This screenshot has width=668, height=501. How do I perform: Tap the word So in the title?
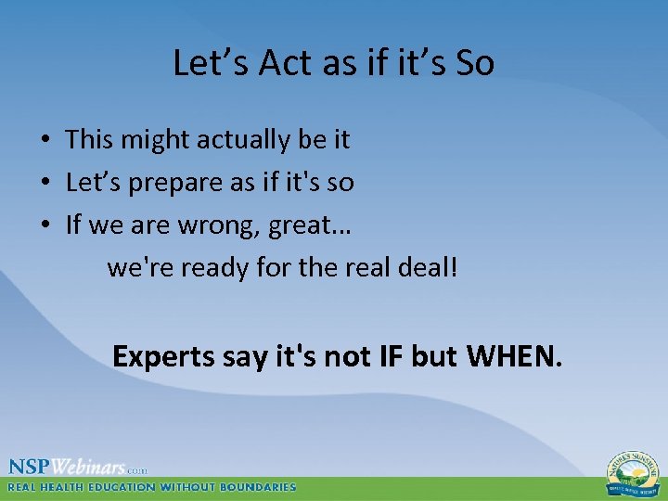[474, 63]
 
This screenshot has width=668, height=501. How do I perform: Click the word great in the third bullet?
[307, 225]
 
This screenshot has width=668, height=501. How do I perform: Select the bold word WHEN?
[513, 355]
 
